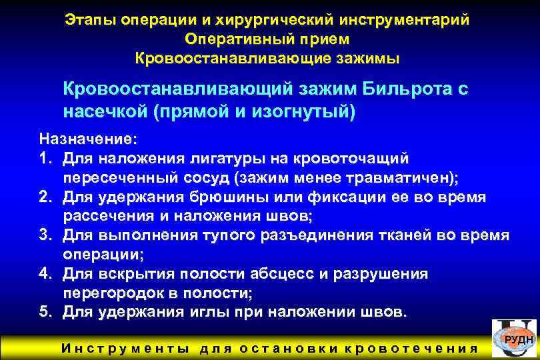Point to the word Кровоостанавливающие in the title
click(x=230, y=59)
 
